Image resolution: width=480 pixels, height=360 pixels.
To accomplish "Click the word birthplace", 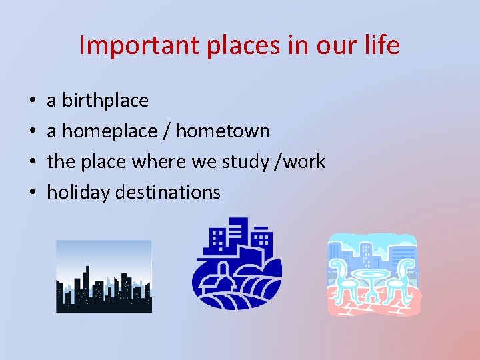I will click(x=105, y=101).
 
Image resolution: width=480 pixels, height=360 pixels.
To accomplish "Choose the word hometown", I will click(x=224, y=131).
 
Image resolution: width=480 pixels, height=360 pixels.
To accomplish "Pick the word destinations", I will click(x=168, y=193).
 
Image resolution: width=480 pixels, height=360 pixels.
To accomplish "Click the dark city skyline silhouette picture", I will click(x=104, y=277).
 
